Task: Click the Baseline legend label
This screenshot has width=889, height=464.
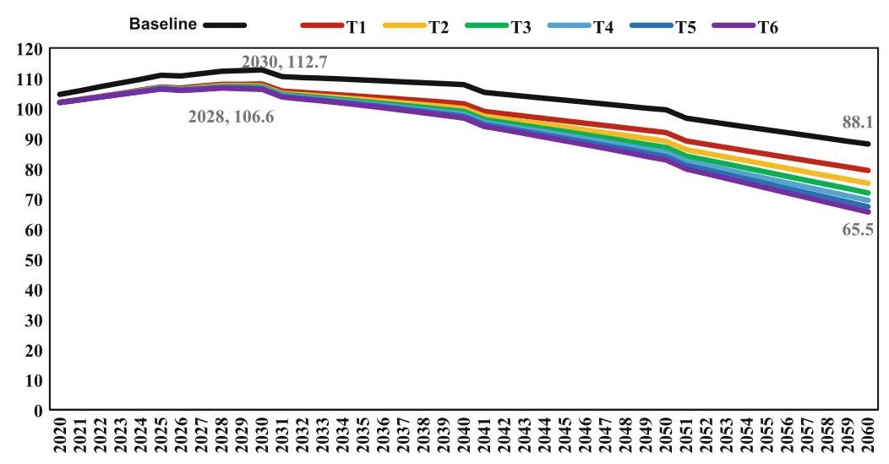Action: [x=163, y=24]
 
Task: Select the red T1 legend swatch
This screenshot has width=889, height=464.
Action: [x=322, y=25]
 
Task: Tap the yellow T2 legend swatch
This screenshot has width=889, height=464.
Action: [x=404, y=25]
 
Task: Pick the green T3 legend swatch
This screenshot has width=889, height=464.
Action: [x=487, y=25]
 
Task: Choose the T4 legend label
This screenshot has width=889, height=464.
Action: [x=603, y=27]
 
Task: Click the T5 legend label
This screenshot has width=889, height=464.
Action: [x=685, y=27]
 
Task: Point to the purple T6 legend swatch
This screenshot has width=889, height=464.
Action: [x=734, y=25]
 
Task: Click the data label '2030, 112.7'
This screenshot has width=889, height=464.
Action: [x=285, y=61]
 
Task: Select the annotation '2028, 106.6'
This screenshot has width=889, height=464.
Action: [x=232, y=117]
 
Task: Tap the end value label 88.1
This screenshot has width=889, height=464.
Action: [x=857, y=123]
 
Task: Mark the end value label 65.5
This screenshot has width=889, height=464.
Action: [x=858, y=230]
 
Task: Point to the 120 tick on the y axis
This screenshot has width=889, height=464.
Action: [x=30, y=49]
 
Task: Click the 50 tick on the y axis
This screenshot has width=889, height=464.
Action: [x=34, y=260]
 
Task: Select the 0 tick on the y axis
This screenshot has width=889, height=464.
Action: [x=38, y=411]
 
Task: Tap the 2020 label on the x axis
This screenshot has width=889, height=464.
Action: [x=60, y=436]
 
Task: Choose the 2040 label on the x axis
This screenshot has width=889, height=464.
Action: [x=464, y=436]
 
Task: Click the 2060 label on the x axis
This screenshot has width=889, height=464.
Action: [x=868, y=436]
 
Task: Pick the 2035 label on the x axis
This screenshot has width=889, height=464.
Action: [x=363, y=436]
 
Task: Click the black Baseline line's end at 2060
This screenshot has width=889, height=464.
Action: [x=868, y=144]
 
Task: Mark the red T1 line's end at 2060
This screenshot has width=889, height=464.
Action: [x=868, y=170]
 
